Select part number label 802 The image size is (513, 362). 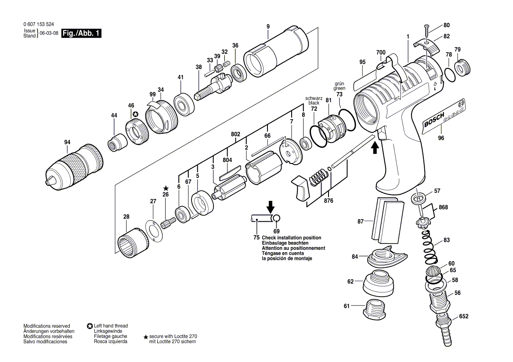[235, 135]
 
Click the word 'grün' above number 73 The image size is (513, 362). [339, 83]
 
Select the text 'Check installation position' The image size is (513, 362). [291, 238]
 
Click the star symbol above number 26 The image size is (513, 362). [166, 188]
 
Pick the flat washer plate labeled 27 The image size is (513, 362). [153, 230]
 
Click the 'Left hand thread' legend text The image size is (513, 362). [111, 326]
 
